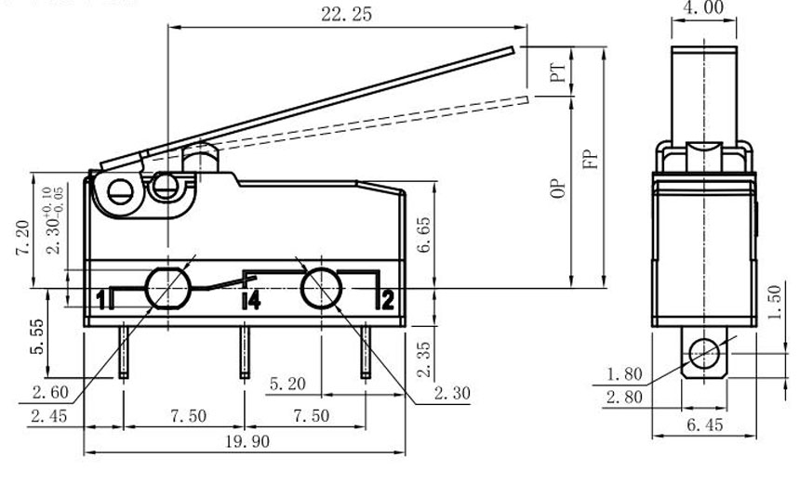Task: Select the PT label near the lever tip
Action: tap(558, 74)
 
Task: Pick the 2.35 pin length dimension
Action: tap(423, 358)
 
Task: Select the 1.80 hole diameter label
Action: tap(624, 374)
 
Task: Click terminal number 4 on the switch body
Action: tap(250, 299)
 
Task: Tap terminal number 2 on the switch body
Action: tap(387, 298)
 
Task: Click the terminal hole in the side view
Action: tap(703, 354)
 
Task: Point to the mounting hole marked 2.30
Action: tap(319, 287)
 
